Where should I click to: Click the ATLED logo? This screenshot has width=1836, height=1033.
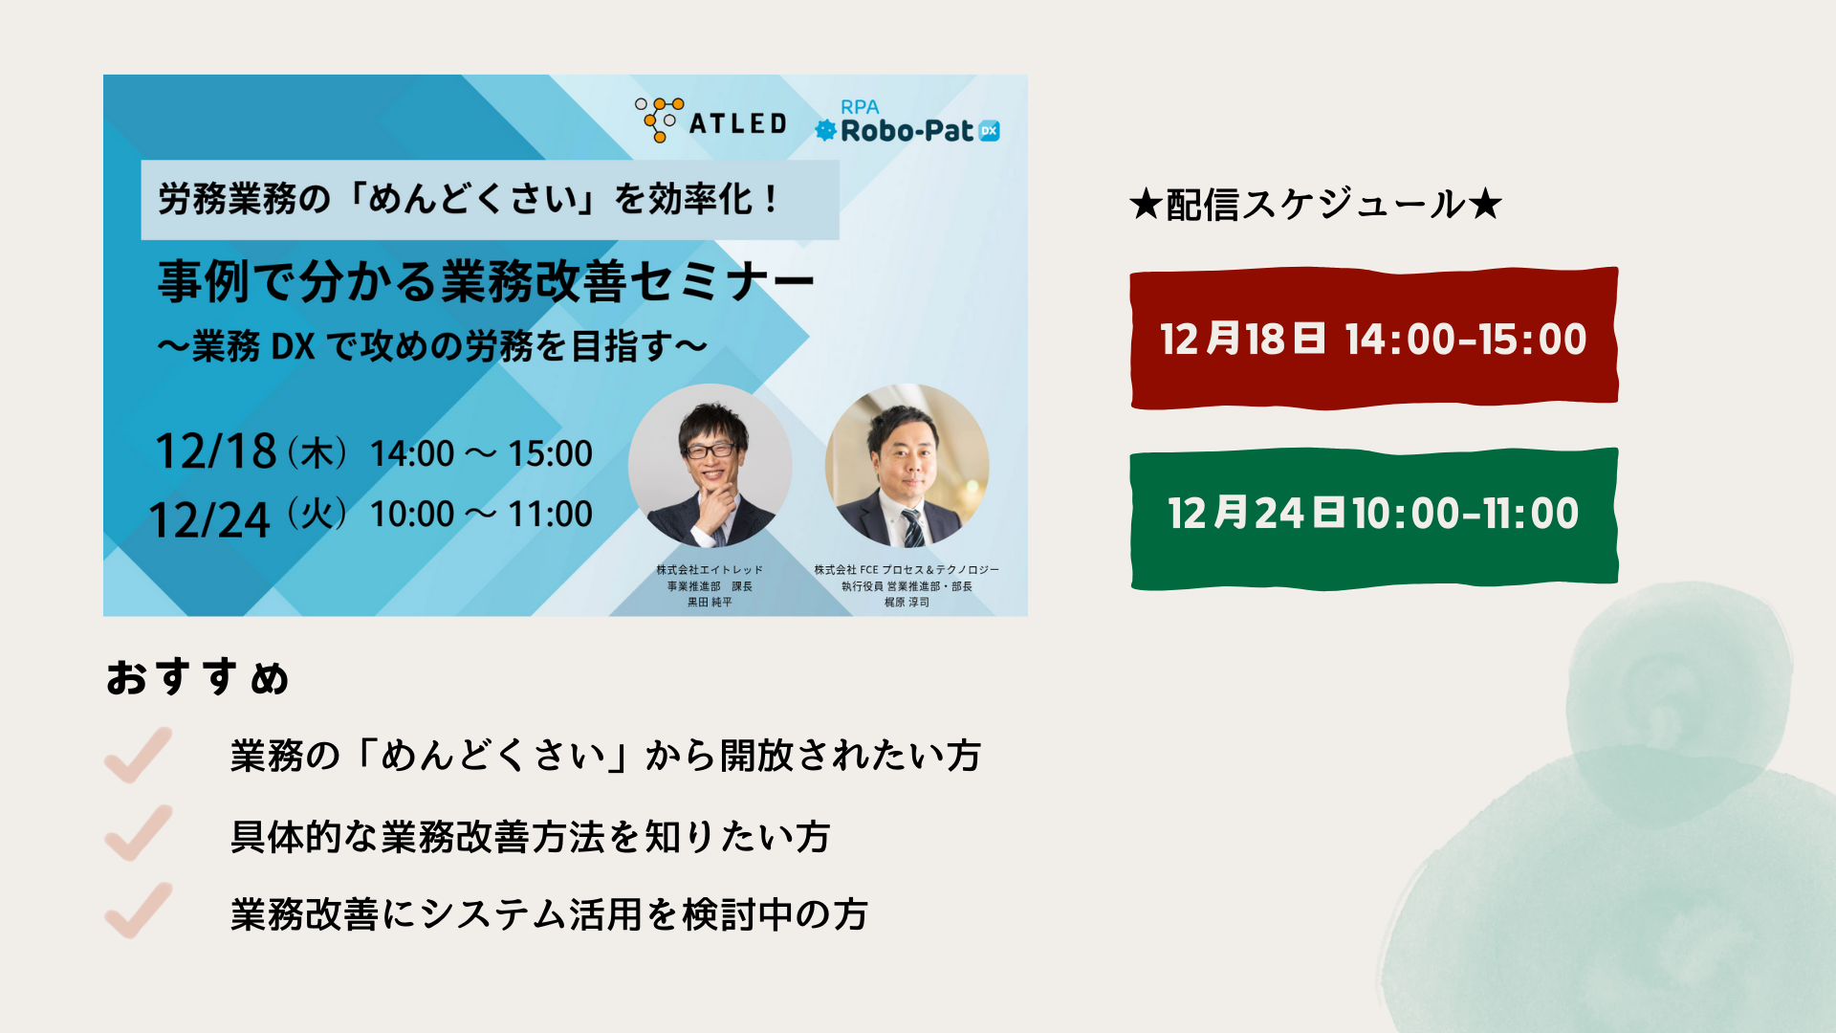pos(710,121)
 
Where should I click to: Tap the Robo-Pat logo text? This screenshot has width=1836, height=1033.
pos(907,131)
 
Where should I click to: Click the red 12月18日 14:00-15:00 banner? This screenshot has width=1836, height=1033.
pos(1374,339)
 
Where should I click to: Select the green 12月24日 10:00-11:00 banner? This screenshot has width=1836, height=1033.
pos(1374,517)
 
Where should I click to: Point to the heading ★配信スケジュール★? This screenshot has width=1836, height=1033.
pos(1316,204)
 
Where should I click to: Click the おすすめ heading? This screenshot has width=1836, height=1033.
pos(197,677)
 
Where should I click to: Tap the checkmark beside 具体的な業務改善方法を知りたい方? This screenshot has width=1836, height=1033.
pos(139,833)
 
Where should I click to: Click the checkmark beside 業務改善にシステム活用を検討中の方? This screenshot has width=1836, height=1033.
pos(139,911)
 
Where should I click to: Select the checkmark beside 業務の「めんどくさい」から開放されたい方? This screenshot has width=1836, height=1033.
pos(139,755)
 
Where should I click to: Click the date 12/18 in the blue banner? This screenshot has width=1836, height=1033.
pos(216,451)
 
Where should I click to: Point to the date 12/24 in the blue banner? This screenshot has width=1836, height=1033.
pos(210,520)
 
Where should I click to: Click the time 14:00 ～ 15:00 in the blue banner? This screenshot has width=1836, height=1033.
pos(481,453)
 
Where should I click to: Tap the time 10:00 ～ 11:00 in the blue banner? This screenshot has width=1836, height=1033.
pos(481,515)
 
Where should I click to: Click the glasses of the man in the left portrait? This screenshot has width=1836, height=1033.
pos(710,450)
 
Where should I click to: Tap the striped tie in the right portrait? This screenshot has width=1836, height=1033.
pos(913,527)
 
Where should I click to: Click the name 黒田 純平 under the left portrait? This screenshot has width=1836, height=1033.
pos(710,603)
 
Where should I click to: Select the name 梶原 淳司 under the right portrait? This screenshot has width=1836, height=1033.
pos(907,603)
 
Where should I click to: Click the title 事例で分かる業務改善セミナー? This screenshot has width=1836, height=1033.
pos(486,281)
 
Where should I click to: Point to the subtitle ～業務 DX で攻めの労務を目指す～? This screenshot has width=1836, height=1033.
pos(432,346)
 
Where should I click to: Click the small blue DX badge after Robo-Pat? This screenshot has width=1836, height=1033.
pos(990,131)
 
